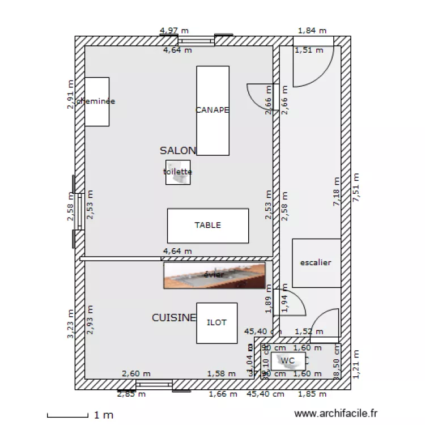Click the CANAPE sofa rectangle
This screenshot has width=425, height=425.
(x=212, y=110)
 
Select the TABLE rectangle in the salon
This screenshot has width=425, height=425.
(x=207, y=226)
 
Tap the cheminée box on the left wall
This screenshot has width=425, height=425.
(x=96, y=101)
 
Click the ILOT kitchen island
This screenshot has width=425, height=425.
(x=216, y=322)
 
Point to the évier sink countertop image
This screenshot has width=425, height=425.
(x=214, y=275)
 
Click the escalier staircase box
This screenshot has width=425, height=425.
(x=316, y=263)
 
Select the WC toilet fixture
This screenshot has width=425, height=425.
(x=288, y=360)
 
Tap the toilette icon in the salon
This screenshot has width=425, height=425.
(x=177, y=172)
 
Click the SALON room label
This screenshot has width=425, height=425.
(x=177, y=151)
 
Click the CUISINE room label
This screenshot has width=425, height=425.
(x=173, y=318)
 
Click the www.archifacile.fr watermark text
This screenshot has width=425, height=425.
(x=336, y=415)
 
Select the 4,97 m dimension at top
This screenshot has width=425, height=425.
(x=175, y=31)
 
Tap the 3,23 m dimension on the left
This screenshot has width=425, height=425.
(x=70, y=324)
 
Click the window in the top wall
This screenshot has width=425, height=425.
(x=197, y=41)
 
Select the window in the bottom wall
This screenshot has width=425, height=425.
(x=154, y=385)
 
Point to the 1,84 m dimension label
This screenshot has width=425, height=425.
(x=312, y=31)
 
